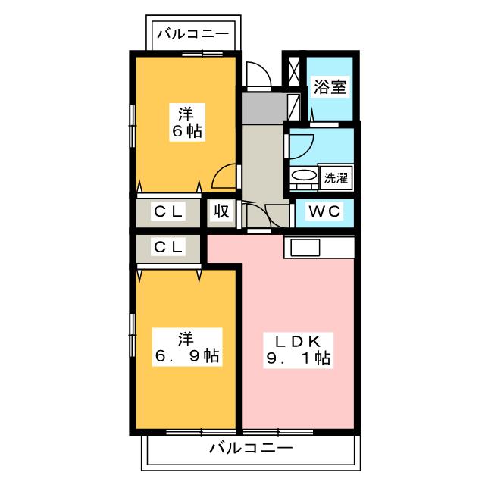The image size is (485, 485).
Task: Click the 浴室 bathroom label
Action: [x=330, y=87]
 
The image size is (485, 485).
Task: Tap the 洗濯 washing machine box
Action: [x=336, y=178]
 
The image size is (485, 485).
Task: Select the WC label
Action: [x=325, y=211]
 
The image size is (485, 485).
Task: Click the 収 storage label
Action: [x=221, y=211]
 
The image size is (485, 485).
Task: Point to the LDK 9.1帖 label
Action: [x=298, y=350]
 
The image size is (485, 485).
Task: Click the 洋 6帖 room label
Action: [x=187, y=122]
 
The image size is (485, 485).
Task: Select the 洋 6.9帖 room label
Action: [x=187, y=347]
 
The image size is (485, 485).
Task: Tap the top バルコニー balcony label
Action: [x=193, y=33]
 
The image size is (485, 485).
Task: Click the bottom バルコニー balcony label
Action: [x=251, y=448]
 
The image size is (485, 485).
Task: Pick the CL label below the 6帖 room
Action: [x=168, y=211]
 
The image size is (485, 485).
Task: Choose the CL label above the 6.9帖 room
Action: [x=168, y=247]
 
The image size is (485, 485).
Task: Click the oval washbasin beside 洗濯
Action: [x=305, y=175]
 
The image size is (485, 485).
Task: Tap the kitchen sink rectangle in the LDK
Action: [x=305, y=248]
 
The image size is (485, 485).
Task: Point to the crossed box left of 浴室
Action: [x=294, y=71]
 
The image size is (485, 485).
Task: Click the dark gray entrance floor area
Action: [x=265, y=108]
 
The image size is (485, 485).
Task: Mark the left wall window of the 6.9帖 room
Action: [x=133, y=335]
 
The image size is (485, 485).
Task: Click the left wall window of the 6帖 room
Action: [x=133, y=126]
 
